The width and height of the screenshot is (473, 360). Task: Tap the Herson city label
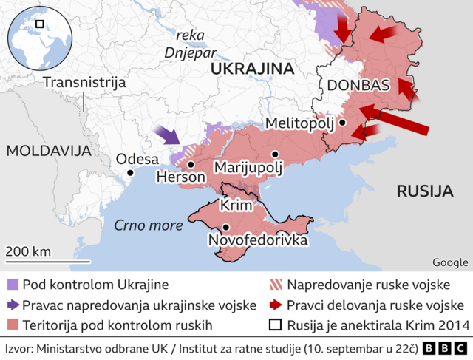pos(181,178)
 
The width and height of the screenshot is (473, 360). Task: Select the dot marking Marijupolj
pos(275,154)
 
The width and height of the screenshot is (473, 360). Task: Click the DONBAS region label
pos(358,85)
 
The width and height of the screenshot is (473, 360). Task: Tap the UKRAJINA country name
pos(252,69)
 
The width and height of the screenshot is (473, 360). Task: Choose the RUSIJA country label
pos(424,191)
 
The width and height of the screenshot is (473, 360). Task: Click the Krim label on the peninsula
pos(236,205)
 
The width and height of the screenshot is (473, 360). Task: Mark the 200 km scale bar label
pos(28,251)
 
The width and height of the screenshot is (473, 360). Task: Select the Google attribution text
pos(449,262)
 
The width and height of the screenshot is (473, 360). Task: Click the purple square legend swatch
pos(12,285)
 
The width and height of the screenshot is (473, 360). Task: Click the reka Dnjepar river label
pos(191,44)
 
